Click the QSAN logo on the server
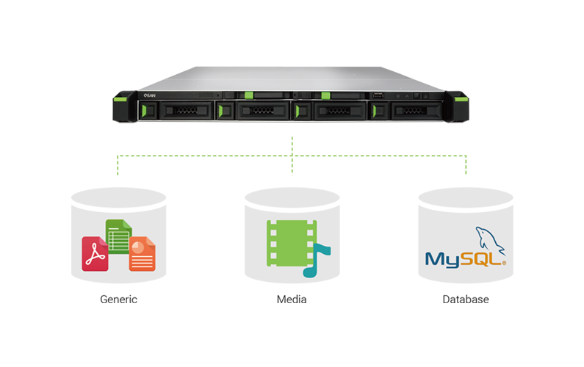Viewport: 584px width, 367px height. pos(150,95)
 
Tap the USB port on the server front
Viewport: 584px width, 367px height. pos(378,95)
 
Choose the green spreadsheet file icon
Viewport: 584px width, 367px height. pos(118,234)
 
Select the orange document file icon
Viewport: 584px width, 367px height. pos(142,253)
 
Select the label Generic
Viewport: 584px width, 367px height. pos(118,299)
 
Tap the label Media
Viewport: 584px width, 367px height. pos(292,299)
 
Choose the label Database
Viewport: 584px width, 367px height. pos(465,299)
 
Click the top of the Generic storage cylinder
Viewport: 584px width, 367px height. pos(118,197)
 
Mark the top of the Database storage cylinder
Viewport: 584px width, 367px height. pos(465,197)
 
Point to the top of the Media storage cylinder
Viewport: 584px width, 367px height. pos(292,197)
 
